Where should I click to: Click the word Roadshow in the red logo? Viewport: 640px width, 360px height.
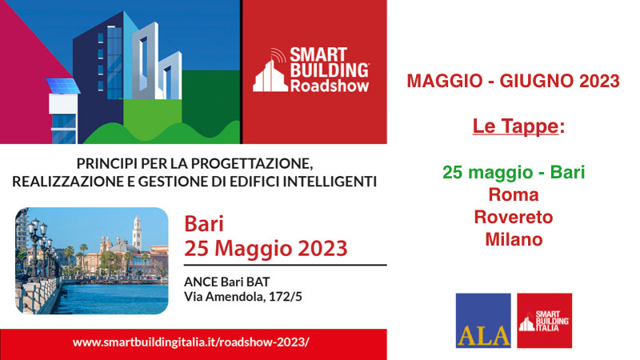pyautogui.click(x=330, y=86)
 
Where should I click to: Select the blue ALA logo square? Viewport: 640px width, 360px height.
pyautogui.click(x=483, y=321)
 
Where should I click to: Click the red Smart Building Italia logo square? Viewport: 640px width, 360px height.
pyautogui.click(x=544, y=321)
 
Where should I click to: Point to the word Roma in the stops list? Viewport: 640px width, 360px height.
pyautogui.click(x=514, y=194)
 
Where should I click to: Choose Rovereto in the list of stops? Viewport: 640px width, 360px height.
pyautogui.click(x=514, y=217)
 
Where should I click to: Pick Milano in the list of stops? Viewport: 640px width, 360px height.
pyautogui.click(x=514, y=239)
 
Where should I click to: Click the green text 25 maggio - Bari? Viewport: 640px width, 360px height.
pyautogui.click(x=514, y=172)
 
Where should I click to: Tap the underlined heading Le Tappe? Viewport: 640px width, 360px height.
pyautogui.click(x=515, y=126)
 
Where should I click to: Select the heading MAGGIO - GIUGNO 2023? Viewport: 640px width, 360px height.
pyautogui.click(x=513, y=81)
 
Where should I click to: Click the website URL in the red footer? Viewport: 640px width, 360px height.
pyautogui.click(x=191, y=342)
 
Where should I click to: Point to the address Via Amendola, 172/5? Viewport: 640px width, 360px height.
pyautogui.click(x=243, y=296)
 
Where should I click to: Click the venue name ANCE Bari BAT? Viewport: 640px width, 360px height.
pyautogui.click(x=227, y=282)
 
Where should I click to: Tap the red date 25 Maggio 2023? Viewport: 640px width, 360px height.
pyautogui.click(x=266, y=248)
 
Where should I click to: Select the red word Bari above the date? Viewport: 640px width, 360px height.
pyautogui.click(x=204, y=224)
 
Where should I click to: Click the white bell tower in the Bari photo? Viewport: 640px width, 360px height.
pyautogui.click(x=137, y=234)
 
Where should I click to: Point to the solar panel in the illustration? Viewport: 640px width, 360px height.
pyautogui.click(x=63, y=86)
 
